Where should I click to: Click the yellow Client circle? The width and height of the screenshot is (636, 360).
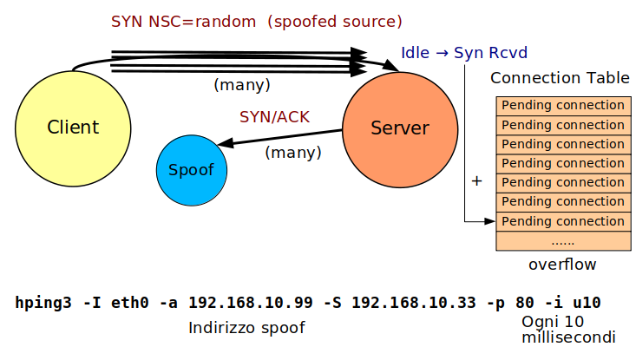click(72, 128)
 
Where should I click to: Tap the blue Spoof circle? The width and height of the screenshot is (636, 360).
click(190, 169)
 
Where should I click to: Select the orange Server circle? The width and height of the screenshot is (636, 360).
click(400, 128)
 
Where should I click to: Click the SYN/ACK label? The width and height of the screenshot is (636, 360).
click(274, 117)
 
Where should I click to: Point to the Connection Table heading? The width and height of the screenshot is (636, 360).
click(560, 78)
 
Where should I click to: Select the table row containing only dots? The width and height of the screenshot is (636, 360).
click(562, 240)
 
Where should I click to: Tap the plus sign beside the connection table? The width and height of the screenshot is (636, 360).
click(475, 181)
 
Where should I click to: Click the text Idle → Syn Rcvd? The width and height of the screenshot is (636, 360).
click(463, 52)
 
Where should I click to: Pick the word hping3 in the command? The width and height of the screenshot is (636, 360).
click(43, 303)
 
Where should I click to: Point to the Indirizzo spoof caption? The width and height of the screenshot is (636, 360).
click(246, 328)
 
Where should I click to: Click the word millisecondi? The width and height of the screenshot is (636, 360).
click(568, 337)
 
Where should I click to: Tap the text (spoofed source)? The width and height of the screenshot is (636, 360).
click(339, 20)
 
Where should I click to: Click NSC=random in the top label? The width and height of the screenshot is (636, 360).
click(193, 20)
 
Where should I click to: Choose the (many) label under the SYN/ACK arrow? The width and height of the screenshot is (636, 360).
click(292, 152)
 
